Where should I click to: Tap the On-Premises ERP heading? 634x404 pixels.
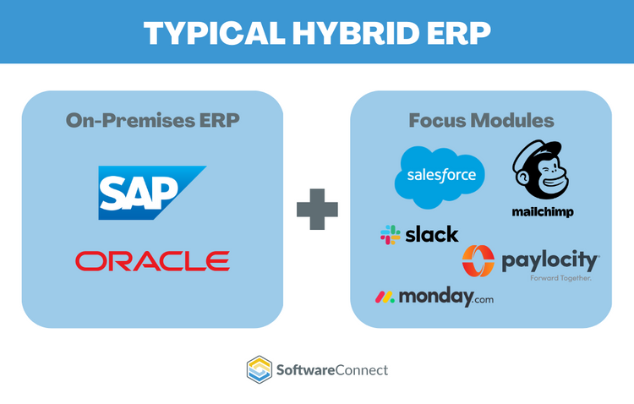coord(152,119)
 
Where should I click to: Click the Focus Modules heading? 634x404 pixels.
coord(481,119)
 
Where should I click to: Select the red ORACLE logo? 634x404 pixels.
coord(152,260)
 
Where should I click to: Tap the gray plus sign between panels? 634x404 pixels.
coord(317,209)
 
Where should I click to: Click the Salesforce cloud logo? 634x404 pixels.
coord(440,176)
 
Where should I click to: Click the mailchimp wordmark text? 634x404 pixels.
coord(542,212)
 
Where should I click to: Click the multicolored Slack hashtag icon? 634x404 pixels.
coord(391,234)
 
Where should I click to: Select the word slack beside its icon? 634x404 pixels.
coord(431,234)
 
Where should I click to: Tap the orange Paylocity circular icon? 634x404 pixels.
coord(478,261)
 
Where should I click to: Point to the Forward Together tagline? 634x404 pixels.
coord(560,277)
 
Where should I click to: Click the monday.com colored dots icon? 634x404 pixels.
coord(385,297)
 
